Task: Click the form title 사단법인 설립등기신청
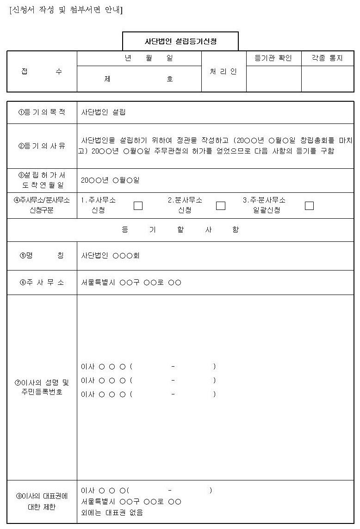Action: [180, 41]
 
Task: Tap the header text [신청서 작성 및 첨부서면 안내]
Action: [66, 10]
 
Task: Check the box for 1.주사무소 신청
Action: [138, 206]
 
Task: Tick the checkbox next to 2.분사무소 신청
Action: [221, 206]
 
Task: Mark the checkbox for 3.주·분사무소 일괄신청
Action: [309, 206]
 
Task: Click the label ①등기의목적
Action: [42, 112]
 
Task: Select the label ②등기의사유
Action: [42, 146]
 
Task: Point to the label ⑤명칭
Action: [42, 256]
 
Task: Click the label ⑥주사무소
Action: [42, 283]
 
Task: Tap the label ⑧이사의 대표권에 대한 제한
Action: [42, 502]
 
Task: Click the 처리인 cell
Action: [223, 72]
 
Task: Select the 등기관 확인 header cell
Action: [273, 58]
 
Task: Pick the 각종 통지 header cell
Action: [327, 58]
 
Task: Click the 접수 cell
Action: [42, 72]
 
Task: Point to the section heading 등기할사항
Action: [180, 230]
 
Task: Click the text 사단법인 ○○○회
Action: [110, 256]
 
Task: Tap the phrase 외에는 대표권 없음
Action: [112, 512]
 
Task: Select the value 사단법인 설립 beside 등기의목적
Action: [103, 112]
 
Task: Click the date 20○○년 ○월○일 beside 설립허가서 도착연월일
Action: [110, 180]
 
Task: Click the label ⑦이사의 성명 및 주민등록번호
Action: [42, 388]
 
